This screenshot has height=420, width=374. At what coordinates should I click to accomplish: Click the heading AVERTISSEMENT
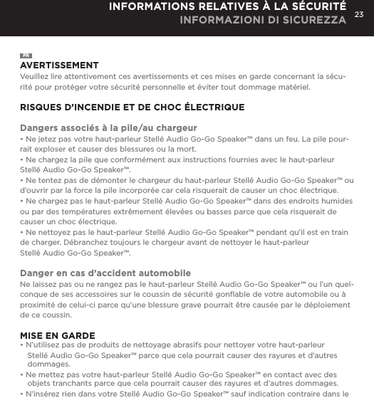[58, 65]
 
